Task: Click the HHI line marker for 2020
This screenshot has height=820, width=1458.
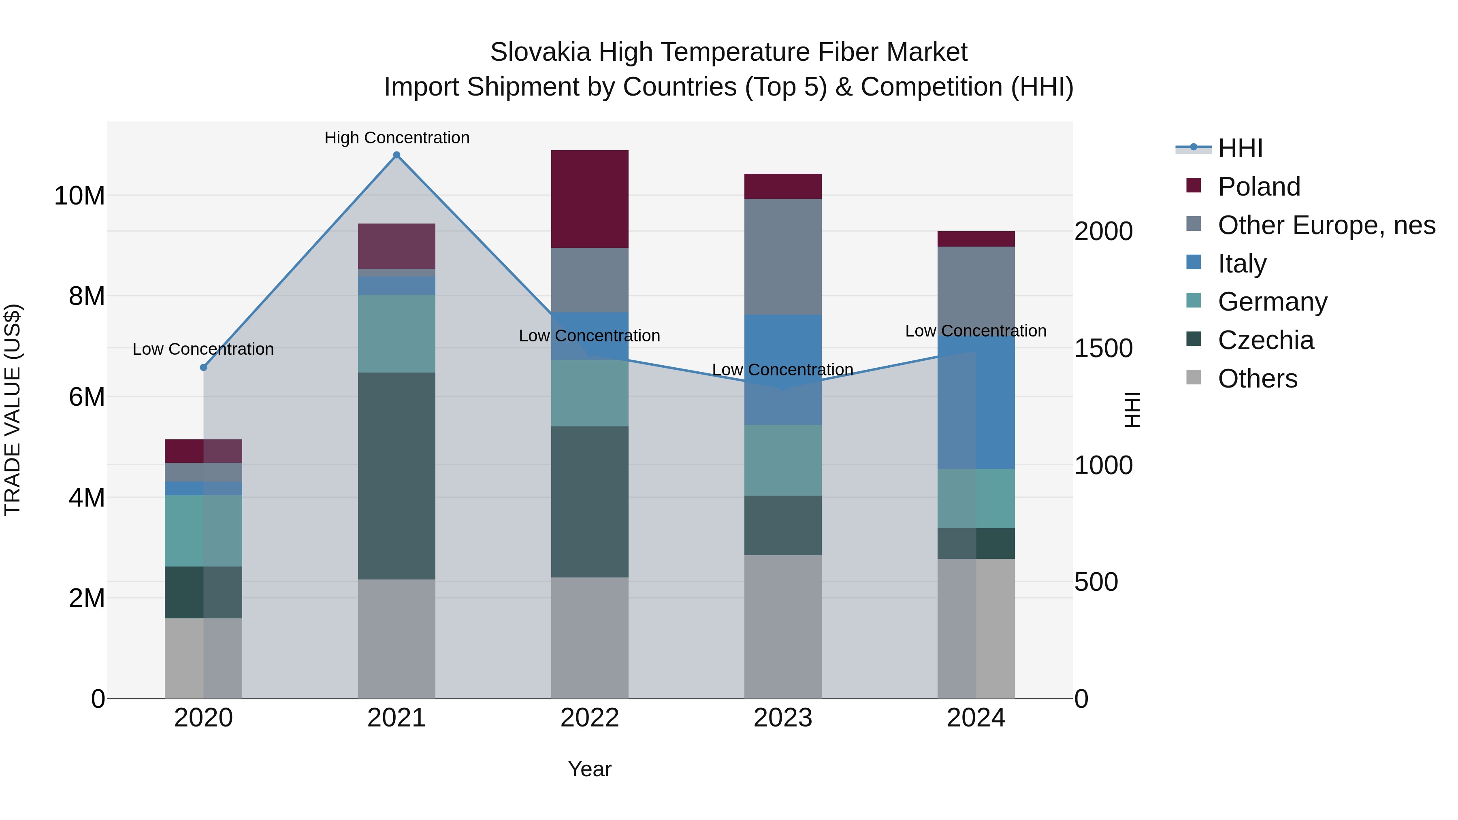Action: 204,367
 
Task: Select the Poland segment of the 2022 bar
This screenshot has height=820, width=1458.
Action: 589,199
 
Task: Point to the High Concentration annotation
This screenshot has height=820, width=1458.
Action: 397,138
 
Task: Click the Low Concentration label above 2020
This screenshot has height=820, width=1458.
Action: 203,349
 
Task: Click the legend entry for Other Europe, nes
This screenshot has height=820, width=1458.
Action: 1326,225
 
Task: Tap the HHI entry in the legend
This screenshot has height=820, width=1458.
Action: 1240,148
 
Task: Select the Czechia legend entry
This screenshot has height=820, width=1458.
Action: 1266,340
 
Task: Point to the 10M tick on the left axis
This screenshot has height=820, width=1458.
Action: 79,196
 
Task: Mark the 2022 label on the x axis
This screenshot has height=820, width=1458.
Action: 589,718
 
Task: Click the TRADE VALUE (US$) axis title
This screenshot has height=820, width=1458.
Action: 13,410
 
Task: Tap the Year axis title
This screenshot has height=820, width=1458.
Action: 589,769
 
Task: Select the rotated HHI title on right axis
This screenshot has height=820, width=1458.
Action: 1132,410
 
